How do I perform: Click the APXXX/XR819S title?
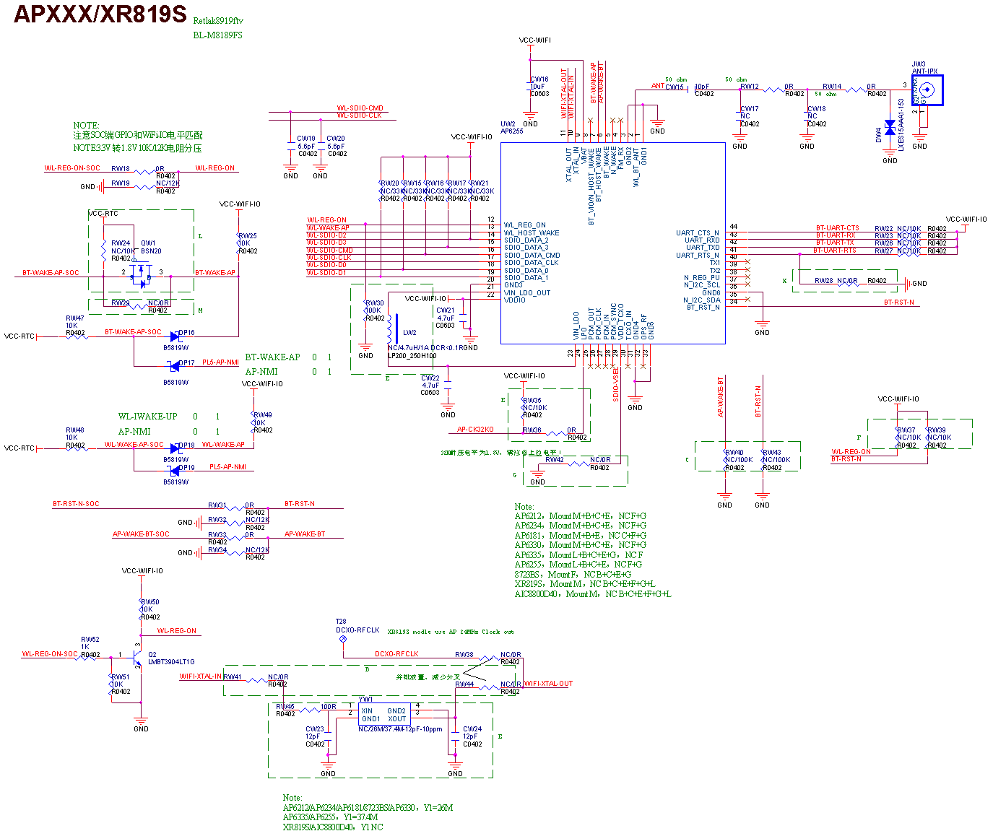click(x=100, y=14)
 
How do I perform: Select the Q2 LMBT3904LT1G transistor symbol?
click(x=137, y=656)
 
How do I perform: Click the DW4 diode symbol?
click(x=890, y=128)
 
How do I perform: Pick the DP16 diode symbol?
click(x=175, y=336)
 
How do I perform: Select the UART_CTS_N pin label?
click(x=698, y=233)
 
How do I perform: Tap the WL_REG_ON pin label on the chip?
click(x=525, y=225)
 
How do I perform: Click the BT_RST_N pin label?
click(x=703, y=308)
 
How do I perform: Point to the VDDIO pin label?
click(x=515, y=300)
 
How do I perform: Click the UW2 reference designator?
click(x=508, y=124)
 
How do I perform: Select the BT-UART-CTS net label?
click(x=838, y=228)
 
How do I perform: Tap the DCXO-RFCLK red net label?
click(x=396, y=654)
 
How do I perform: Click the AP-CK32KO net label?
click(x=475, y=430)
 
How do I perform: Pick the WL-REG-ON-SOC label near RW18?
click(x=72, y=168)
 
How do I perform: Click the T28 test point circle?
click(x=343, y=639)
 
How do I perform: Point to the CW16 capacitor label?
click(x=539, y=79)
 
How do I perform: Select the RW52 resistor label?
click(x=90, y=640)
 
